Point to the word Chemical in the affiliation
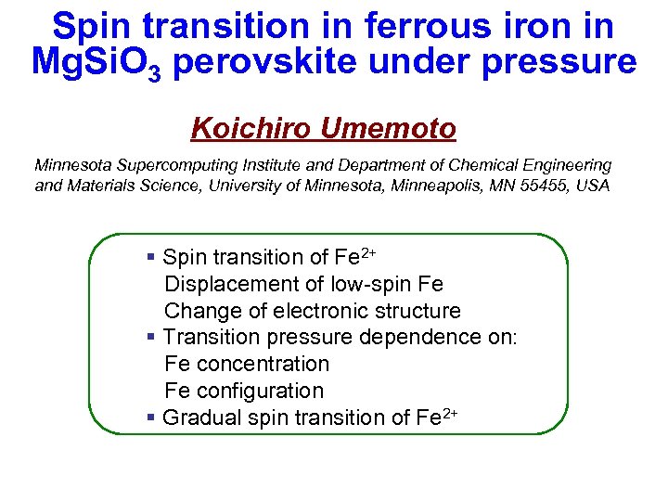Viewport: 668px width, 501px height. click(x=491, y=165)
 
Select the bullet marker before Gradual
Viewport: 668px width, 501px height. click(x=151, y=418)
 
